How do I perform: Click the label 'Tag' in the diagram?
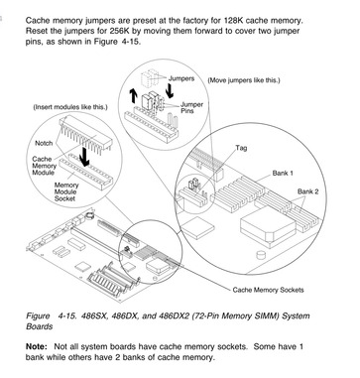(241, 148)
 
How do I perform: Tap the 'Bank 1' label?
(283, 173)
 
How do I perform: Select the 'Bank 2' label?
(307, 191)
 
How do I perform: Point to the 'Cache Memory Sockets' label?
(268, 290)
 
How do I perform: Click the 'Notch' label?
(44, 143)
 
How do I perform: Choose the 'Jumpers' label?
(181, 78)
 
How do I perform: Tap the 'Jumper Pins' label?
(191, 108)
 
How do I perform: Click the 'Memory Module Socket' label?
(66, 191)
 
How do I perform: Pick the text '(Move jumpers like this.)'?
(244, 80)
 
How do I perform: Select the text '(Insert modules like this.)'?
(70, 107)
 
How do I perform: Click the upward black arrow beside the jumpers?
(133, 95)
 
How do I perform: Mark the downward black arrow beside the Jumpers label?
(170, 90)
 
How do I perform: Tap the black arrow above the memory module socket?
(84, 157)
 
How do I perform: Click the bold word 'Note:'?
(37, 346)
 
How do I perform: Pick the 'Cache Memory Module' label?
(44, 166)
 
